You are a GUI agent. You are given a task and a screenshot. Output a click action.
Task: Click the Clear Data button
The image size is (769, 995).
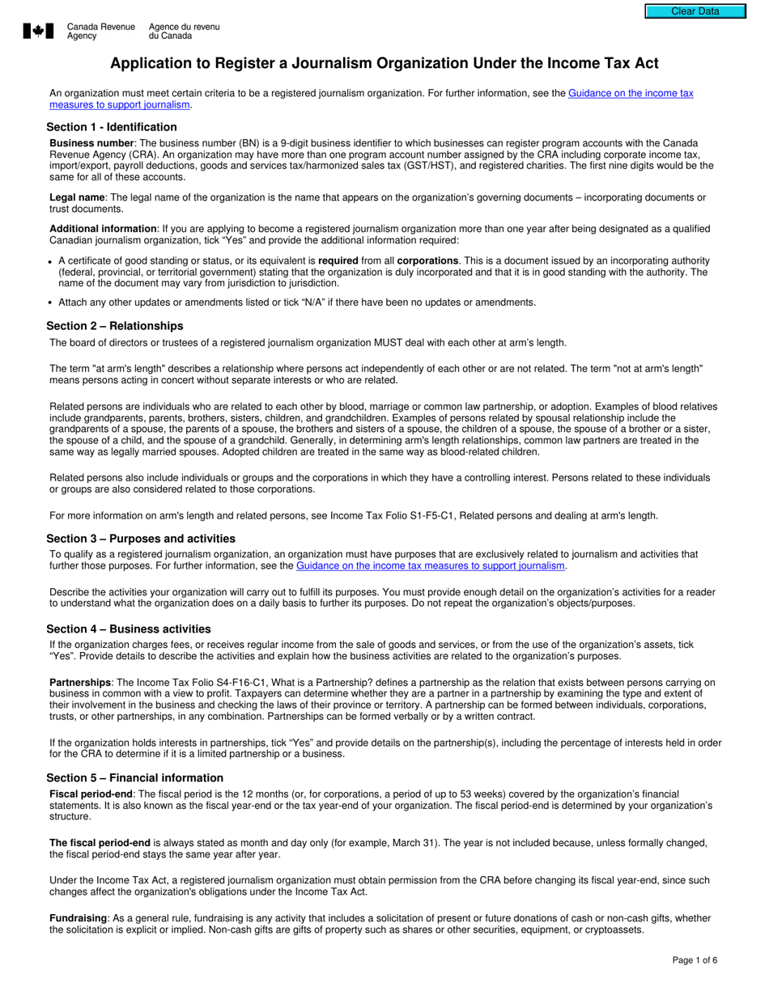point(695,11)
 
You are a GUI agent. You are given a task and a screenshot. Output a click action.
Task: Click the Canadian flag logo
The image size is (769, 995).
point(38,31)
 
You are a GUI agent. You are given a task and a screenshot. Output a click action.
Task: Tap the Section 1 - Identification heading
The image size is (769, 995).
point(111,127)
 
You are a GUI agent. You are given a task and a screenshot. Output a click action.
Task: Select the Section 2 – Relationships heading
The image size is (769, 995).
point(114,326)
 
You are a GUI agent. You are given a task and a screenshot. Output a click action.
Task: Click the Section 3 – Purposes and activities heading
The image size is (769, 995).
point(141,539)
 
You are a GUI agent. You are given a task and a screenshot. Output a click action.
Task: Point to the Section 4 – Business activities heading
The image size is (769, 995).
point(128,629)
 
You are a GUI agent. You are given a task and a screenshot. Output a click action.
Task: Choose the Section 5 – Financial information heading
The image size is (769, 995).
point(134,778)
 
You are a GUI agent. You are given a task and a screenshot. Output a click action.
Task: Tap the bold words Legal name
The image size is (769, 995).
point(77,197)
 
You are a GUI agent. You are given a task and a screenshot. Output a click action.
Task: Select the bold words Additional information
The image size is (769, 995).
point(103,229)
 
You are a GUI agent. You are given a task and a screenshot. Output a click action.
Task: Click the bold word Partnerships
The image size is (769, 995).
point(80,683)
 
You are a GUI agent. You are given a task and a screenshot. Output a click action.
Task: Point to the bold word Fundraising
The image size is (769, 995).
point(78,918)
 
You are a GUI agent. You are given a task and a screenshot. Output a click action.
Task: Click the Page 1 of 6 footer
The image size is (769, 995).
point(695,960)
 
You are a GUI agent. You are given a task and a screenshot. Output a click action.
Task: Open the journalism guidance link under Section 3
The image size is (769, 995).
point(430,566)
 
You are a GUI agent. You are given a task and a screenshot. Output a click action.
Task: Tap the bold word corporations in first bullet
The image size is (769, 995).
point(427,260)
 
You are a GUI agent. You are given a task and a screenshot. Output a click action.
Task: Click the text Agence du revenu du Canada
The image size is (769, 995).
point(184,32)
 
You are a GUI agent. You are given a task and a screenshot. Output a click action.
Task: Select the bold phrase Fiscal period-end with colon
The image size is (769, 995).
point(92,794)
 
